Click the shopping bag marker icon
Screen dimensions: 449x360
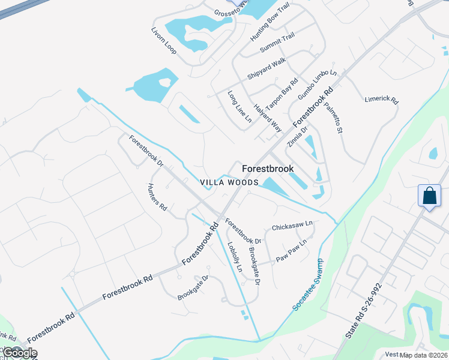click(430, 196)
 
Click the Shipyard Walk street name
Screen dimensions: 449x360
click(267, 69)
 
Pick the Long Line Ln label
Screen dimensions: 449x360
click(240, 107)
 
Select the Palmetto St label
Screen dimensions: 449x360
click(333, 118)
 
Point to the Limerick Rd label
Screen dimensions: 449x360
click(381, 99)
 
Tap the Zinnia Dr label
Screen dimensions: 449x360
click(300, 137)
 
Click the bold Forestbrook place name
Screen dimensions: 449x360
click(268, 169)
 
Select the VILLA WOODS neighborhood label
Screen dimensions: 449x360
click(229, 182)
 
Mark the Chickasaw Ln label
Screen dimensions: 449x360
click(292, 227)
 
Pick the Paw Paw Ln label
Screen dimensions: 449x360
click(291, 250)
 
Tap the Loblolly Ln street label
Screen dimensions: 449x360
click(234, 257)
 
